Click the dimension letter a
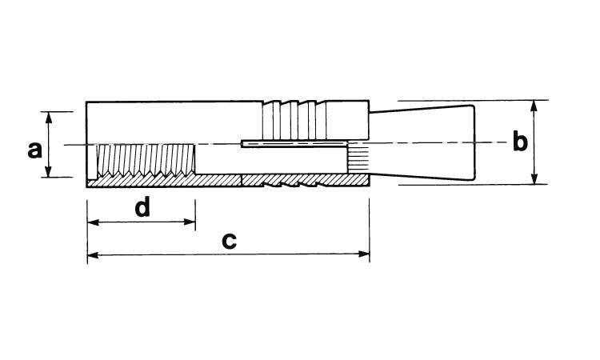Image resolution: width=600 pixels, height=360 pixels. (35, 150)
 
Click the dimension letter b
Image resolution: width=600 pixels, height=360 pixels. (520, 141)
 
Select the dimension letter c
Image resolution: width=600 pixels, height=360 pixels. (230, 241)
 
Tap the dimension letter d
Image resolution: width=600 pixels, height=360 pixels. (142, 207)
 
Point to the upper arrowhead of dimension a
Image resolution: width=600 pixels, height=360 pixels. (49, 118)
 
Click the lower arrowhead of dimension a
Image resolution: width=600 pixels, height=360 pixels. (49, 171)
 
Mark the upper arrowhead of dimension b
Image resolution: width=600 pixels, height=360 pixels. (534, 106)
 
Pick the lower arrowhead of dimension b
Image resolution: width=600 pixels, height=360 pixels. (534, 178)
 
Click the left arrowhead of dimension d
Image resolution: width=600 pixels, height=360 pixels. (94, 222)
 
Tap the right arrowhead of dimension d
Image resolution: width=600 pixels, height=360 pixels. (190, 222)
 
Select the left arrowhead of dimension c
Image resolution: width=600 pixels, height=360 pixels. (94, 254)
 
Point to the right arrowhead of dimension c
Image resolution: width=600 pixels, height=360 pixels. (363, 254)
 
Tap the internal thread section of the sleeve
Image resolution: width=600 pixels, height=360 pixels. (146, 160)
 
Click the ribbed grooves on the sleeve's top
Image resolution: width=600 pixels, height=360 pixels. (294, 120)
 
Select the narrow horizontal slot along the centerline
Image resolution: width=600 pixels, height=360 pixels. (294, 144)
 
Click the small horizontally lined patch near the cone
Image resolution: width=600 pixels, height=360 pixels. (358, 158)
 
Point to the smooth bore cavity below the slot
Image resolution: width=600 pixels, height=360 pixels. (272, 160)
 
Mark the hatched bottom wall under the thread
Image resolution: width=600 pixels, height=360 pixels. (165, 182)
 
